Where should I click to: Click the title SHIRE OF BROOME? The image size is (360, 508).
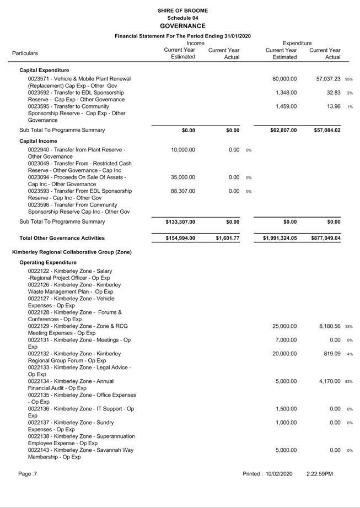182,10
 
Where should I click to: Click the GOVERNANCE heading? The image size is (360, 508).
182,26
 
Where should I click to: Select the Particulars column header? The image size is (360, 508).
25,53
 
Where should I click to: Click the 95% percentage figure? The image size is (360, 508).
348,79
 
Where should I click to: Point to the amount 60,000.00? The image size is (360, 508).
284,79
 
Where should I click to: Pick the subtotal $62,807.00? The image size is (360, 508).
280,131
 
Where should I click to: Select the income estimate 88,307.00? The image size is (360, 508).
183,191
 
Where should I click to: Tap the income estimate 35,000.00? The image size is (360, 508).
183,177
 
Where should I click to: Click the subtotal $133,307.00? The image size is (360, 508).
180,222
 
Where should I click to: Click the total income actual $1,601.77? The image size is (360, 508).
227,239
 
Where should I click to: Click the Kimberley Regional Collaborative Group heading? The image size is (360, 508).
72,252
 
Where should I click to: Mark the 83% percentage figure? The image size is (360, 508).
348,382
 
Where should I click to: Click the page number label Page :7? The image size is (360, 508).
28,473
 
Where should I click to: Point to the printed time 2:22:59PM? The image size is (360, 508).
320,473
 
